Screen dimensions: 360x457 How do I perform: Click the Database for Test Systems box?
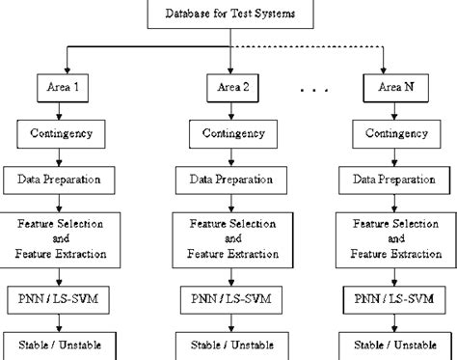[x=231, y=14]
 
